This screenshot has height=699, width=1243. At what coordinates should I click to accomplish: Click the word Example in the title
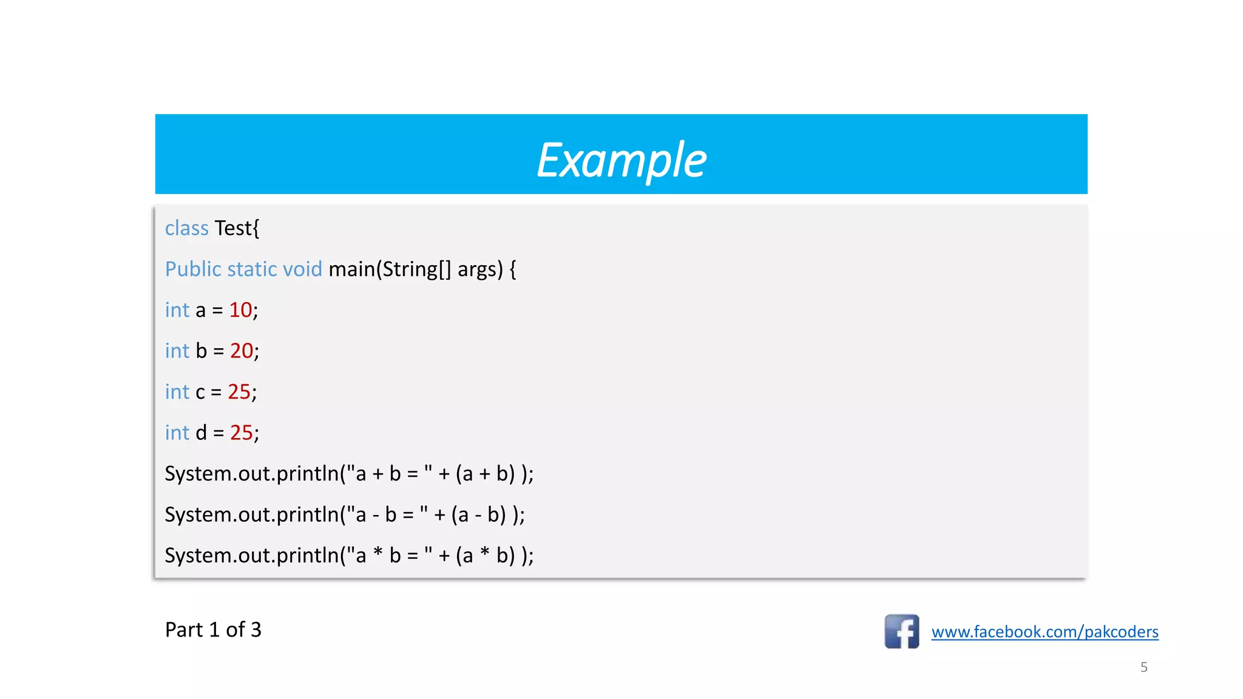[x=621, y=160]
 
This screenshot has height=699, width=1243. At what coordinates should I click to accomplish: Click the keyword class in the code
[x=186, y=228]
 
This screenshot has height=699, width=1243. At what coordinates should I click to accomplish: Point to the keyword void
[x=303, y=269]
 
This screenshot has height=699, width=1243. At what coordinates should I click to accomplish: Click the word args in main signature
[x=479, y=269]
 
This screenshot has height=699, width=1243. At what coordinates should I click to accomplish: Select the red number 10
[x=240, y=310]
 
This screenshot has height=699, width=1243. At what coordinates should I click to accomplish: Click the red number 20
[x=241, y=351]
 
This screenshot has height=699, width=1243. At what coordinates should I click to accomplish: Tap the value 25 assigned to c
[x=239, y=392]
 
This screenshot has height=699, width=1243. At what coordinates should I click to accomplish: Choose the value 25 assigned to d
[x=241, y=433]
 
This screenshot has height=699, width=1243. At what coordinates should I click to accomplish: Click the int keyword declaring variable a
[x=177, y=310]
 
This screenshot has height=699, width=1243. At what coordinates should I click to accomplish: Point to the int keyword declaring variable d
[x=177, y=433]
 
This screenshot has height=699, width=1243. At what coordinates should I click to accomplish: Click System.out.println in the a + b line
[x=251, y=473]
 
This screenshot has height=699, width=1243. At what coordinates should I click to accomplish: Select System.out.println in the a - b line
[x=251, y=515]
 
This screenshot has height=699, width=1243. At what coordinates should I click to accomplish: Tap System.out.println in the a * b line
[x=251, y=555]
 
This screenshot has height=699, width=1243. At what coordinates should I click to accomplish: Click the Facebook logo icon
[x=901, y=631]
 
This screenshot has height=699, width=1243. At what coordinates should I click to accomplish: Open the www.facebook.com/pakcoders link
[x=1045, y=632]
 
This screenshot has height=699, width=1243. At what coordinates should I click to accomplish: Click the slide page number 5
[x=1143, y=667]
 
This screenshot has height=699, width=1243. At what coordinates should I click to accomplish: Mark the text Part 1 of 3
[x=213, y=630]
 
